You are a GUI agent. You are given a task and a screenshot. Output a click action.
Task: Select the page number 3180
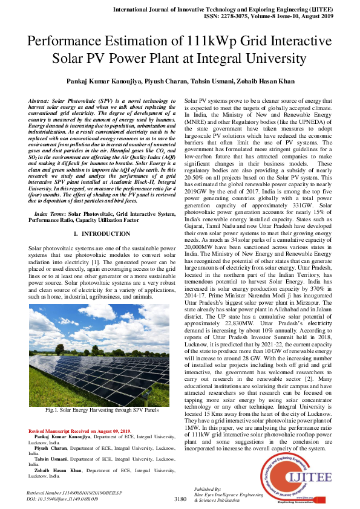(x=180, y=499)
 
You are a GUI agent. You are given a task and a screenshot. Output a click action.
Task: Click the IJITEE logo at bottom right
(x=296, y=478)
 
